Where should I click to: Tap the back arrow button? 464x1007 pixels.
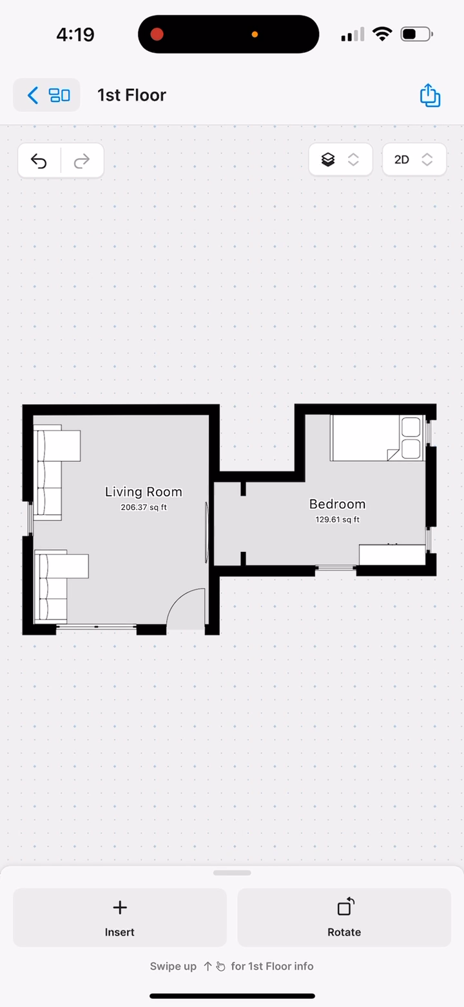pyautogui.click(x=33, y=95)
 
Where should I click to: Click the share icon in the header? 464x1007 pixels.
pyautogui.click(x=430, y=95)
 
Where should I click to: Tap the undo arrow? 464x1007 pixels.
pyautogui.click(x=39, y=161)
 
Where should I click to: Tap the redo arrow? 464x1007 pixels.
pyautogui.click(x=82, y=161)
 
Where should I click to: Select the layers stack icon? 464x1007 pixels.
pyautogui.click(x=328, y=159)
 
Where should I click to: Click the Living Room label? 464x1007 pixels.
pyautogui.click(x=144, y=492)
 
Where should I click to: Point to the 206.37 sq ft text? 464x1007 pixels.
pyautogui.click(x=144, y=507)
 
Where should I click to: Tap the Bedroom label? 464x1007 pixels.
pyautogui.click(x=337, y=504)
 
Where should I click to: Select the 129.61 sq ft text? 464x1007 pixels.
pyautogui.click(x=337, y=519)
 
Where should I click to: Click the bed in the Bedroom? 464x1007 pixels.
pyautogui.click(x=376, y=437)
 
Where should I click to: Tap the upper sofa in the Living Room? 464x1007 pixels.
pyautogui.click(x=57, y=472)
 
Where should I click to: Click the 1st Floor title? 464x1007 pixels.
pyautogui.click(x=131, y=95)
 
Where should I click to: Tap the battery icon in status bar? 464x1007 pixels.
pyautogui.click(x=416, y=34)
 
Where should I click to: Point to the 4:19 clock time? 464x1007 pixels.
pyautogui.click(x=75, y=35)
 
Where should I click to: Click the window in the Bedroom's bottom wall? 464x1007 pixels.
pyautogui.click(x=336, y=568)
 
